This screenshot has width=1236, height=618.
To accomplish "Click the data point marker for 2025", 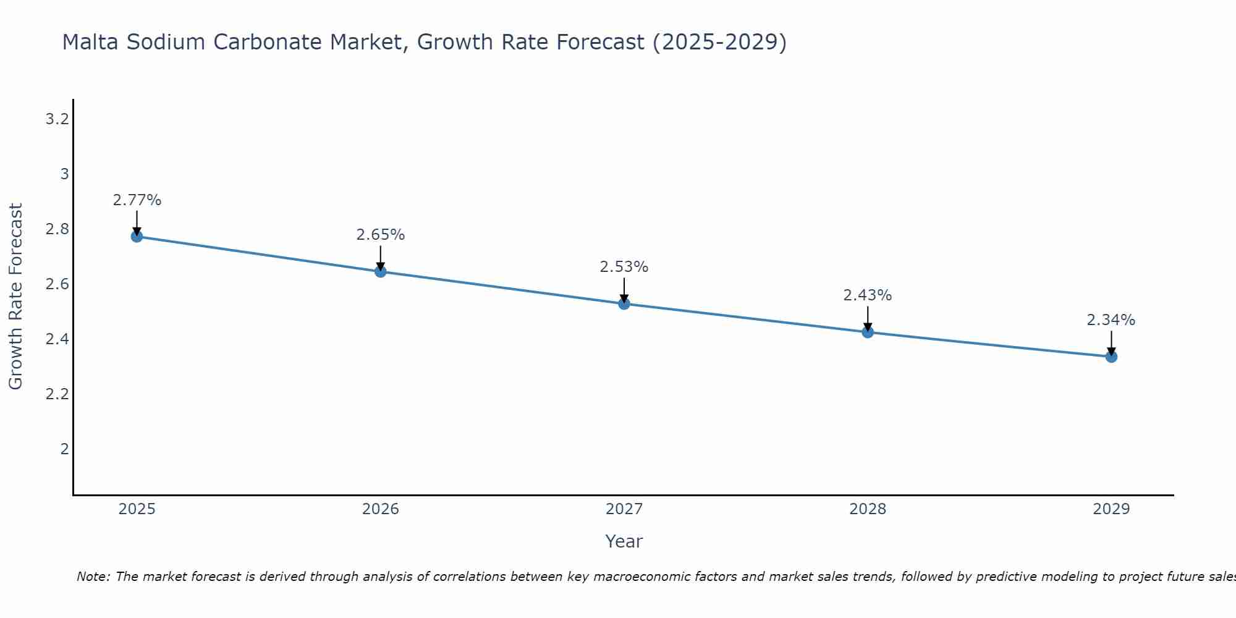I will (137, 237).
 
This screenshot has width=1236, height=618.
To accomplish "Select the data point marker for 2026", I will (381, 271).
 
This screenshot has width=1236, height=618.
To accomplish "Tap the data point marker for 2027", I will (624, 304).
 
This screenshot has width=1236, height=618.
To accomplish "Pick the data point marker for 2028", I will (868, 332).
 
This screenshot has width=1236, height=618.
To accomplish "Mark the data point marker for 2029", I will (1111, 357).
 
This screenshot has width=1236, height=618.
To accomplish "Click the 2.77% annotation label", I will (137, 200).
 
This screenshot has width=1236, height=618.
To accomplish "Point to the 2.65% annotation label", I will (381, 235).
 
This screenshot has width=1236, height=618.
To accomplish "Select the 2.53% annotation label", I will (624, 267).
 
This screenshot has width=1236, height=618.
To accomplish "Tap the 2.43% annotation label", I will (868, 295).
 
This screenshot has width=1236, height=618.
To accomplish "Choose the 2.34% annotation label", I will (1111, 320).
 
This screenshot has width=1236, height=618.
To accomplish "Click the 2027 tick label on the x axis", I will (624, 509).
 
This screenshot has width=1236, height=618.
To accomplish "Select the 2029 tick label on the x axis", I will (1111, 509).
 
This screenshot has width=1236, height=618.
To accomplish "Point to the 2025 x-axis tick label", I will (137, 509).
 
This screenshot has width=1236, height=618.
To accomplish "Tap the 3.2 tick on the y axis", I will (57, 119).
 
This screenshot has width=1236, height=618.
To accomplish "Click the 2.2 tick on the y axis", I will (57, 394).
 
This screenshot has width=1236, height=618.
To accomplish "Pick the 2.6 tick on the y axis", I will (57, 284).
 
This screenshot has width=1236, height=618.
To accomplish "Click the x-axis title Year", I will (624, 541).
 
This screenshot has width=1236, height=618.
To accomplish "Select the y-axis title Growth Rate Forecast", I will (15, 296).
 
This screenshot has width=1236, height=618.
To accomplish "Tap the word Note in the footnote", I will (93, 577).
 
